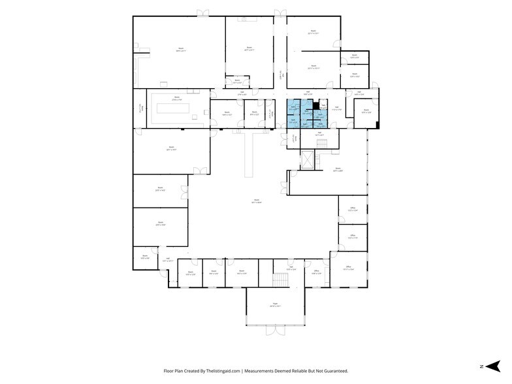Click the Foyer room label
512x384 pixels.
click(x=275, y=304)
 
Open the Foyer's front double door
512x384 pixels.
click(x=275, y=331)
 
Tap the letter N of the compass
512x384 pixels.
click(x=481, y=366)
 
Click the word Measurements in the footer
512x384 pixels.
click(x=259, y=370)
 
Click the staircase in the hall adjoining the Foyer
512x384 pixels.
click(x=280, y=280)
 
